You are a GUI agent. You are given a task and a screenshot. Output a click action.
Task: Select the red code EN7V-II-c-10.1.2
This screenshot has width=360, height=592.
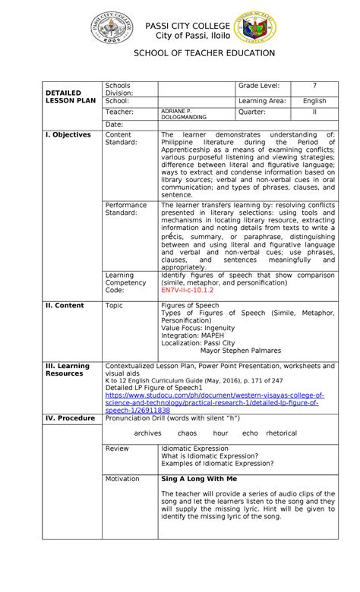(x=188, y=289)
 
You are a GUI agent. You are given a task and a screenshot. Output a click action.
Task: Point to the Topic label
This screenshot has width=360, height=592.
(x=114, y=304)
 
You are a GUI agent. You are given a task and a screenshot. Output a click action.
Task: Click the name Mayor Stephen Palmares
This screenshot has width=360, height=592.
(x=240, y=351)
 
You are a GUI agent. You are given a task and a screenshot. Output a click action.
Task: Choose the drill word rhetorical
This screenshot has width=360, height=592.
(x=282, y=433)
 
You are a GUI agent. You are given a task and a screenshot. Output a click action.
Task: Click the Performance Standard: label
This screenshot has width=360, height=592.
(x=126, y=209)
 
